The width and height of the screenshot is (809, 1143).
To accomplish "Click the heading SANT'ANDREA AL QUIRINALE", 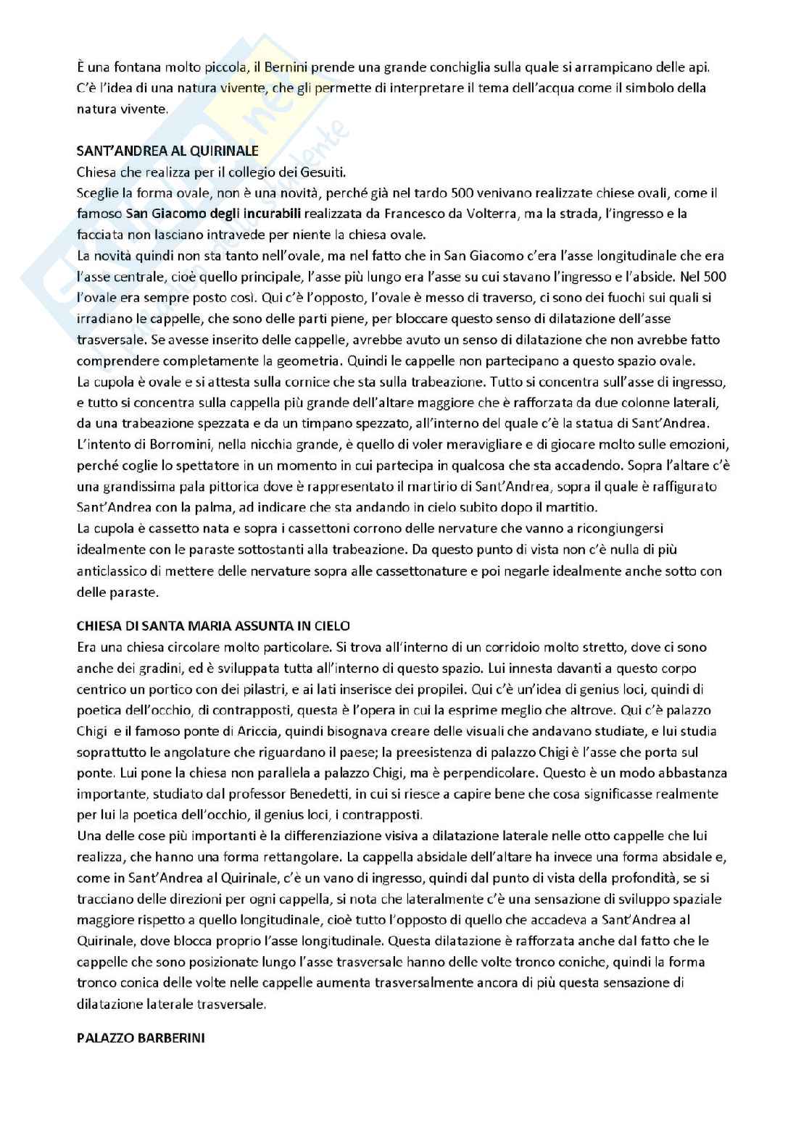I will tap(167, 151).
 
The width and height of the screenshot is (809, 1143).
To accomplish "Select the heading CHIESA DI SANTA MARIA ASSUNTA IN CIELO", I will tap(213, 625).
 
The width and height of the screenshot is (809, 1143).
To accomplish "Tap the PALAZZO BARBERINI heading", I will tap(141, 1037).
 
